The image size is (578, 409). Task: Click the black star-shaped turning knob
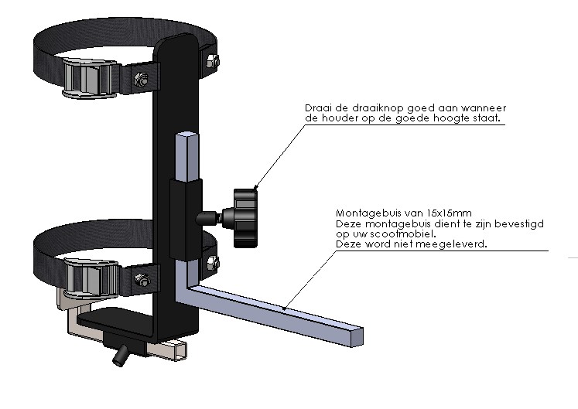tap(245, 218)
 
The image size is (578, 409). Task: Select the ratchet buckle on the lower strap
tap(91, 278)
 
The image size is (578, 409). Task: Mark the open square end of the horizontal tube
tap(357, 336)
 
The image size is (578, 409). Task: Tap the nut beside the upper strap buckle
tap(141, 79)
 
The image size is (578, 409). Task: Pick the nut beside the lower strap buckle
tap(142, 280)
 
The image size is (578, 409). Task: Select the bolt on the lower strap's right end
tap(213, 263)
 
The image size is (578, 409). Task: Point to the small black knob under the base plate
tap(120, 356)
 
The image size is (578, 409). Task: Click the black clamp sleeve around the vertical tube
tap(186, 220)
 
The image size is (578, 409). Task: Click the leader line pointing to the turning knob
tap(280, 157)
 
